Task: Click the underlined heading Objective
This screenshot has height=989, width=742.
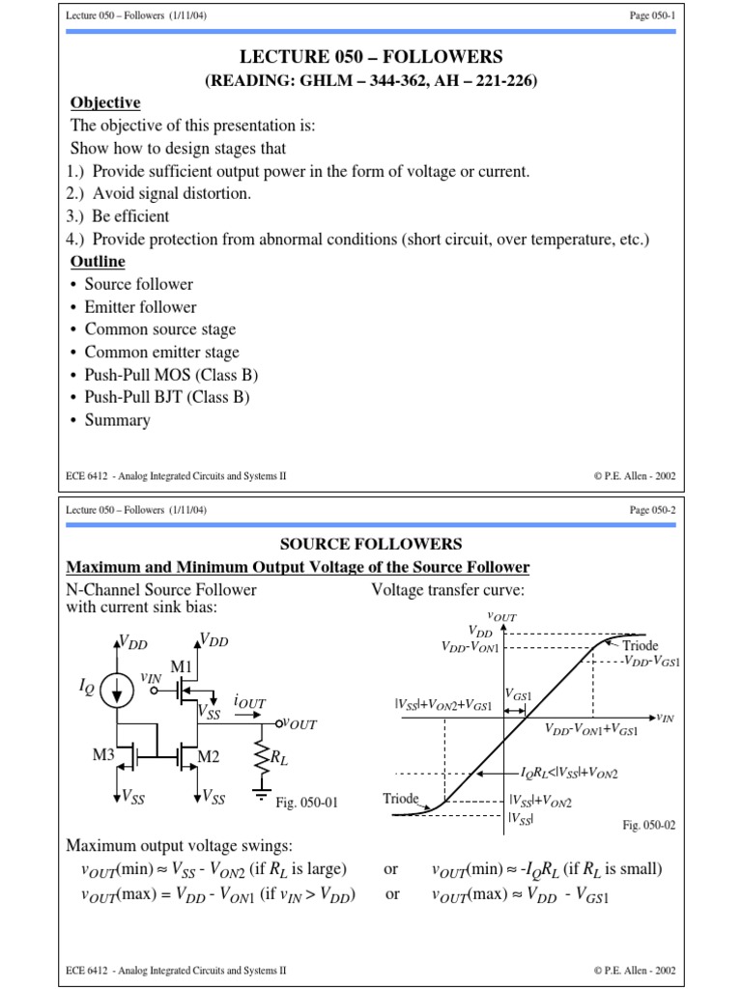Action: pos(105,103)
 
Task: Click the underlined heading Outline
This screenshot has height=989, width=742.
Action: pos(98,262)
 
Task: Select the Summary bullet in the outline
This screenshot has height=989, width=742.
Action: pos(117,420)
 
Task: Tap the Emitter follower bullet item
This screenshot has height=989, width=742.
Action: pos(140,307)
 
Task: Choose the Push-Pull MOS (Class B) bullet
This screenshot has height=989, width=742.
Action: pos(171,375)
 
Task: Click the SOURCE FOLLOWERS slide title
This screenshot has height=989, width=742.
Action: pos(371,545)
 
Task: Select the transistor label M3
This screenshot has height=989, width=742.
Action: pos(104,754)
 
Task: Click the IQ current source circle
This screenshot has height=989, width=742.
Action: pos(118,689)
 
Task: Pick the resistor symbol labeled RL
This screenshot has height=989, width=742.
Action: pos(261,757)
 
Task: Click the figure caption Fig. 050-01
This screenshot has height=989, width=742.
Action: pos(306,802)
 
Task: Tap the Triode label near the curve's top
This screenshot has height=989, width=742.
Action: pos(641,644)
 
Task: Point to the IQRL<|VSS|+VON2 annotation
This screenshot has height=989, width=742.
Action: pos(569,774)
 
